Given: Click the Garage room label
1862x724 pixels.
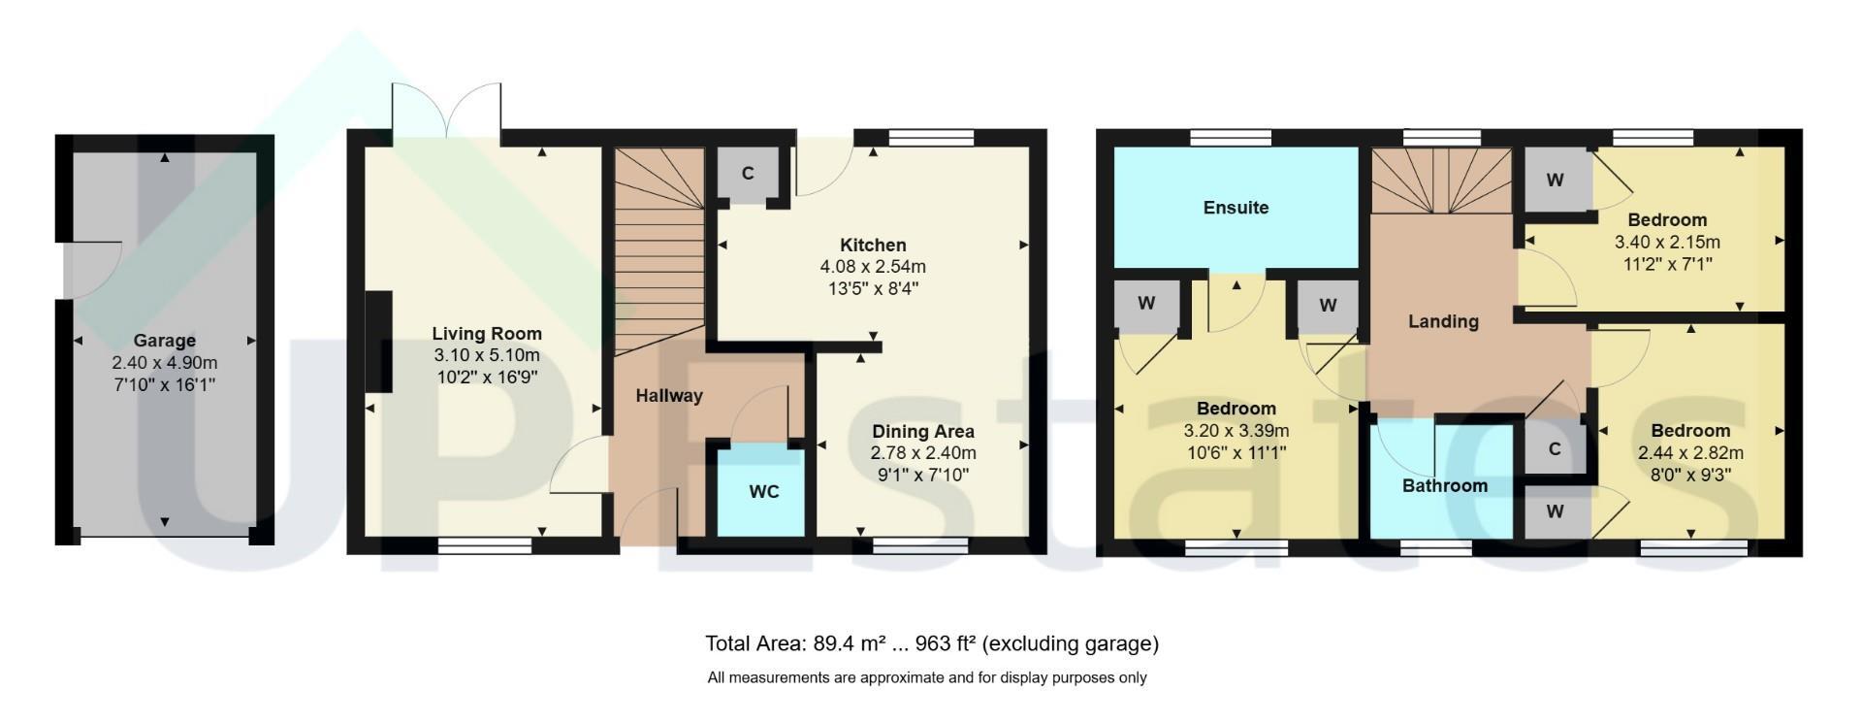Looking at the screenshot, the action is tap(164, 341).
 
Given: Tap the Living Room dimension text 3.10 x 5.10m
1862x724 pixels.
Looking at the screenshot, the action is tap(486, 355).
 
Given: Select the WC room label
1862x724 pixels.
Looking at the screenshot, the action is tap(764, 492).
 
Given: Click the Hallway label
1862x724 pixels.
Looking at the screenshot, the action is tap(669, 396).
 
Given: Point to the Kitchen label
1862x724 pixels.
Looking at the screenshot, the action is tap(873, 246).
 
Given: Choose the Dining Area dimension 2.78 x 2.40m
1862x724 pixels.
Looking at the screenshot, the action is tap(923, 453).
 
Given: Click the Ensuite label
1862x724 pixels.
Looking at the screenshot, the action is tap(1236, 208).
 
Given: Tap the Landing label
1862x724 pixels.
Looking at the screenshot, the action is tap(1443, 321).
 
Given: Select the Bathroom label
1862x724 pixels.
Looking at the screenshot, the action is tap(1445, 486).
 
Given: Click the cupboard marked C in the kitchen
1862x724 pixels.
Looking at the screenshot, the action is tap(748, 175).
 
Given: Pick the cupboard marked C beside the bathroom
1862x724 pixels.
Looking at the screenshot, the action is tap(1555, 449).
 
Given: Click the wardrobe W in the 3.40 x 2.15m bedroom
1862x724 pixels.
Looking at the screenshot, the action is tap(1555, 181).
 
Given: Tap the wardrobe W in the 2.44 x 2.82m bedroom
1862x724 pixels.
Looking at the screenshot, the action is tap(1556, 511).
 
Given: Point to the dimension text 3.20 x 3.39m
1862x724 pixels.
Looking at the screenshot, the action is tap(1236, 431).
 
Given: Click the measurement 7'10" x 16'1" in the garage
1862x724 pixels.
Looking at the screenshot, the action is tap(165, 384).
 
